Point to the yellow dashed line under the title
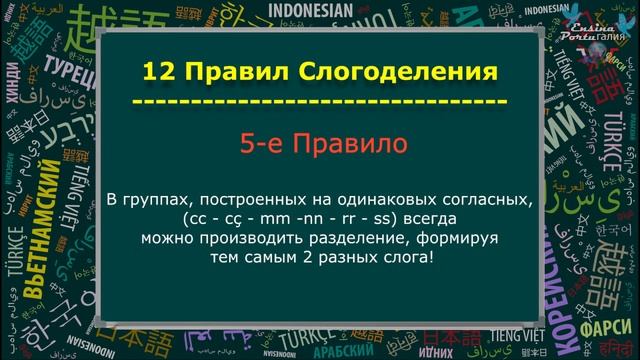click(320, 102)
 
